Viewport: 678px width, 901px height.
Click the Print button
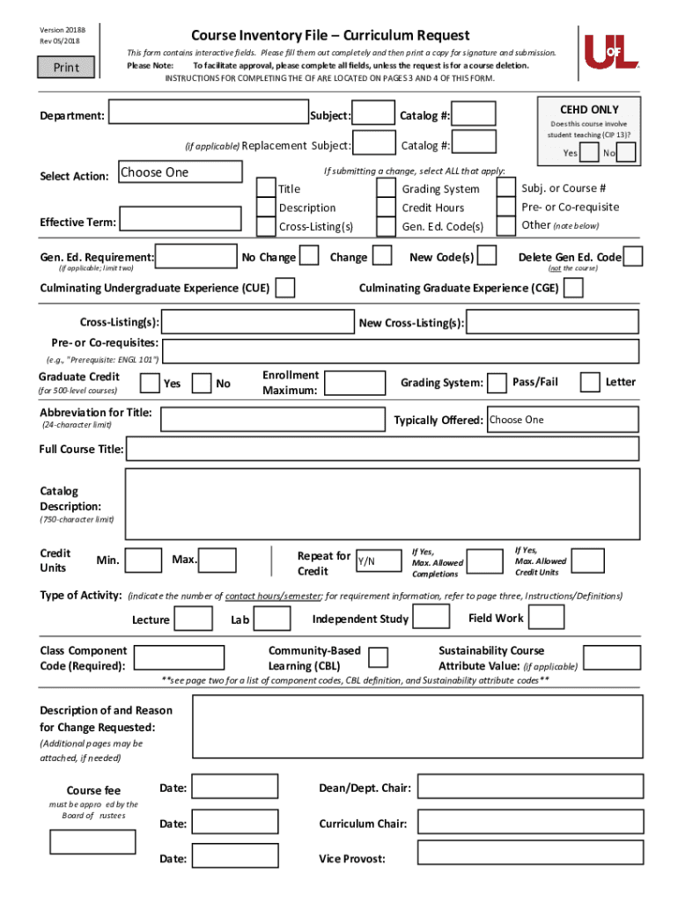pyautogui.click(x=66, y=68)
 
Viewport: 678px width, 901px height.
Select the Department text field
pyautogui.click(x=209, y=115)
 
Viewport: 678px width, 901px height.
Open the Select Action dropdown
pyautogui.click(x=180, y=172)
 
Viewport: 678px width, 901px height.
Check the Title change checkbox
pyautogui.click(x=265, y=188)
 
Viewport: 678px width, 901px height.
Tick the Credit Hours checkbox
pyautogui.click(x=386, y=208)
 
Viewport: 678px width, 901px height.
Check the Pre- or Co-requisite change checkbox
pyautogui.click(x=506, y=207)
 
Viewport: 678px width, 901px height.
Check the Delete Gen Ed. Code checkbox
pyautogui.click(x=632, y=257)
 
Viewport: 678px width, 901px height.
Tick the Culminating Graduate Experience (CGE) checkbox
pyautogui.click(x=574, y=289)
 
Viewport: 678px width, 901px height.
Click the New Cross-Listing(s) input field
pyautogui.click(x=552, y=323)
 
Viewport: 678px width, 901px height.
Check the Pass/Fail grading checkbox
pyautogui.click(x=497, y=383)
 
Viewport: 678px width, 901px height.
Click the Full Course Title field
pyautogui.click(x=382, y=450)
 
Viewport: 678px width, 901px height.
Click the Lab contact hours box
pyautogui.click(x=273, y=619)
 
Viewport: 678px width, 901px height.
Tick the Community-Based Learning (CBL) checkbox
pyautogui.click(x=379, y=657)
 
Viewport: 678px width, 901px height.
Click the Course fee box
pyautogui.click(x=92, y=842)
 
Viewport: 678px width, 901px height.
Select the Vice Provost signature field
pyautogui.click(x=528, y=858)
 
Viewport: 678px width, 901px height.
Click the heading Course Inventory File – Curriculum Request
pyautogui.click(x=330, y=36)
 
